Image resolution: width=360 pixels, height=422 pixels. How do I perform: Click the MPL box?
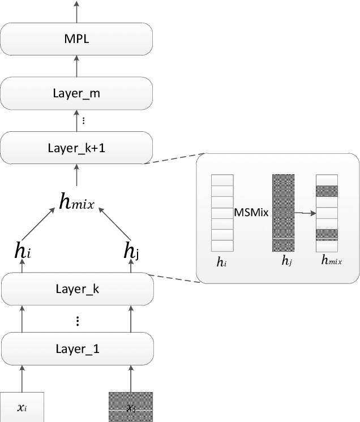77,39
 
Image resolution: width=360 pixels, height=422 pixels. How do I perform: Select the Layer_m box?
77,93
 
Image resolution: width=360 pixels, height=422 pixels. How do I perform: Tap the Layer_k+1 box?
77,148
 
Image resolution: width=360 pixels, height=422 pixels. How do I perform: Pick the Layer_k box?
77,288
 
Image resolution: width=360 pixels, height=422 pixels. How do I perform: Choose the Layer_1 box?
77,348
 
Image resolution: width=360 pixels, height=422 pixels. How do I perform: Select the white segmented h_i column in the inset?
222,212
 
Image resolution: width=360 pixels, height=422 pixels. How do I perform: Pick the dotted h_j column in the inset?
283,212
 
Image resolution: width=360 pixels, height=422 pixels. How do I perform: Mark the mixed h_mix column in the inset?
327,212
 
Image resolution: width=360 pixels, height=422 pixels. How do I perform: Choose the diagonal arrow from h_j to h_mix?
116,223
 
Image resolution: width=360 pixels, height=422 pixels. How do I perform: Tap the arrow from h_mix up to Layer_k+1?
77,176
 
